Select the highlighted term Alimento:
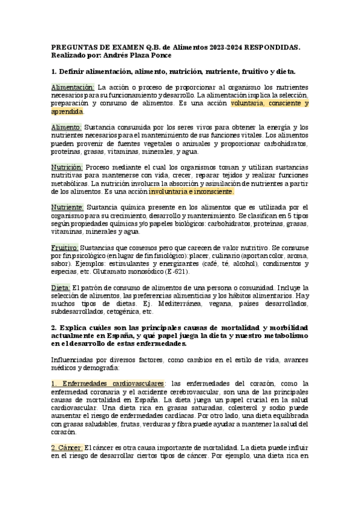click(x=66, y=127)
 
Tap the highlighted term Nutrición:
click(x=67, y=167)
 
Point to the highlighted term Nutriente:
click(x=67, y=207)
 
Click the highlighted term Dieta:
click(x=61, y=288)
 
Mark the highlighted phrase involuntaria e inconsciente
click(x=191, y=191)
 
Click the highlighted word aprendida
click(x=67, y=111)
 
